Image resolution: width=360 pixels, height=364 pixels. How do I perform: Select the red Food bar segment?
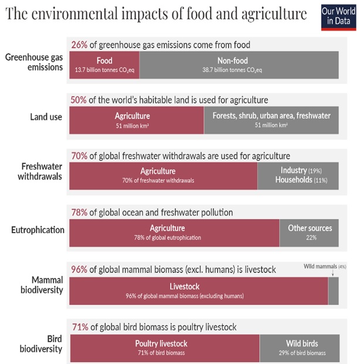pyautogui.click(x=104, y=64)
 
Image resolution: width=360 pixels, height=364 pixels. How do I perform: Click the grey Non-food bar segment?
pyautogui.click(x=239, y=64)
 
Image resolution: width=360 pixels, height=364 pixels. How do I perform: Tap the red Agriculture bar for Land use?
pyautogui.click(x=136, y=120)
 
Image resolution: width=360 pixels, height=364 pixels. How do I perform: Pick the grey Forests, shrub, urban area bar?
pyautogui.click(x=271, y=120)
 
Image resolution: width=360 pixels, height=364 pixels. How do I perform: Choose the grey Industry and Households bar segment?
pyautogui.click(x=298, y=176)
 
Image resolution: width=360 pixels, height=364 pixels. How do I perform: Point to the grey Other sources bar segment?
pyautogui.click(x=309, y=232)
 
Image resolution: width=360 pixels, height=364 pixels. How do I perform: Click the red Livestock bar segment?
pyautogui.click(x=198, y=290)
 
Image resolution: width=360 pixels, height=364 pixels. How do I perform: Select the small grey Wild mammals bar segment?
pyautogui.click(x=333, y=290)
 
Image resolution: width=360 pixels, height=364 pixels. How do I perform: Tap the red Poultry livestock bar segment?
pyautogui.click(x=164, y=347)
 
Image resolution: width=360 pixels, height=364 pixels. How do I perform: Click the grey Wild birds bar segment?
pyautogui.click(x=299, y=347)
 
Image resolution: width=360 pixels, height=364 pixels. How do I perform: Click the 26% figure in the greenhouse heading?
pyautogui.click(x=79, y=44)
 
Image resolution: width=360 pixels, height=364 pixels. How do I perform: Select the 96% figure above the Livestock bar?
pyautogui.click(x=79, y=269)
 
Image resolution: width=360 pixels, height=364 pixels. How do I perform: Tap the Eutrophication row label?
pyautogui.click(x=38, y=230)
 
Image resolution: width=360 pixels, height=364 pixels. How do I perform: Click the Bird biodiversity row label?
pyautogui.click(x=47, y=344)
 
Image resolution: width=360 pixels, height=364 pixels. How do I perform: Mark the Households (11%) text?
pyautogui.click(x=299, y=180)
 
